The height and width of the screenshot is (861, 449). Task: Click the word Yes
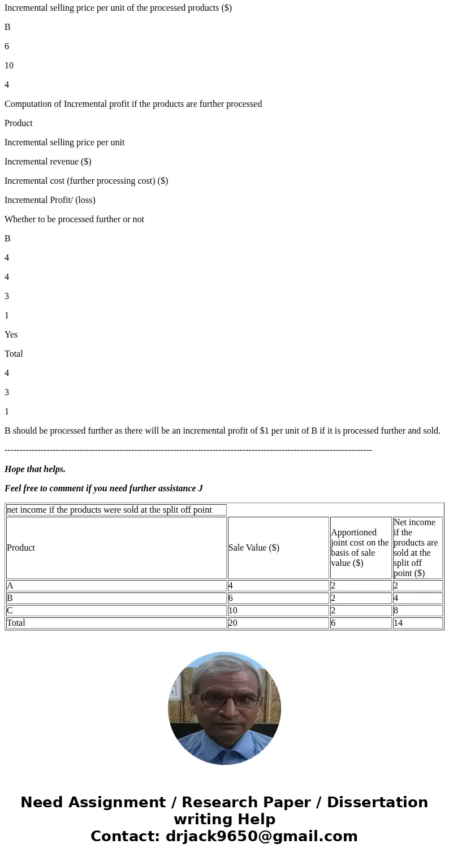pyautogui.click(x=11, y=335)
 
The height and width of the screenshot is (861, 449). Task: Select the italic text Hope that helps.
pyautogui.click(x=35, y=469)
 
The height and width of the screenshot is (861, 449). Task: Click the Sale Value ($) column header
pyautogui.click(x=254, y=547)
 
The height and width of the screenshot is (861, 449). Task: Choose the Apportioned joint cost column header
pyautogui.click(x=360, y=547)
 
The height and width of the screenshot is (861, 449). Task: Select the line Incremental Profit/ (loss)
pyautogui.click(x=50, y=200)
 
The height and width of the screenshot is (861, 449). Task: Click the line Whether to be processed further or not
pyautogui.click(x=74, y=219)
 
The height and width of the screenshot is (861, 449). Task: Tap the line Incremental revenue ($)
pyautogui.click(x=48, y=162)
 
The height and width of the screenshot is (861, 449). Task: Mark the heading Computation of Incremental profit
pyautogui.click(x=133, y=104)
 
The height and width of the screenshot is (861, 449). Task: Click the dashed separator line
pyautogui.click(x=188, y=450)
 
